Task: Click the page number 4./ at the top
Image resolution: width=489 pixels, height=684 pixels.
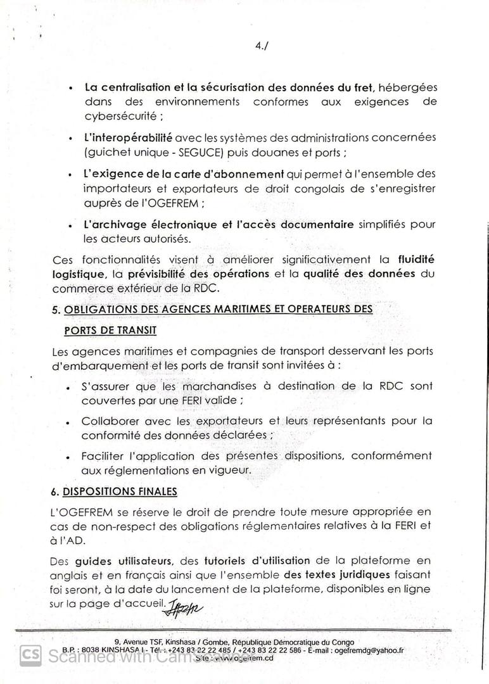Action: [x=260, y=46]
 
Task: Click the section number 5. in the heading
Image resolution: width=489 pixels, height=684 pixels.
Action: [x=56, y=308]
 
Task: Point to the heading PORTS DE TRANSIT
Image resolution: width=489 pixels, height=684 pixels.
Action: [x=110, y=331]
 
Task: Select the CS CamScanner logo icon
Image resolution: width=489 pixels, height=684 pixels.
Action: [x=30, y=655]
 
